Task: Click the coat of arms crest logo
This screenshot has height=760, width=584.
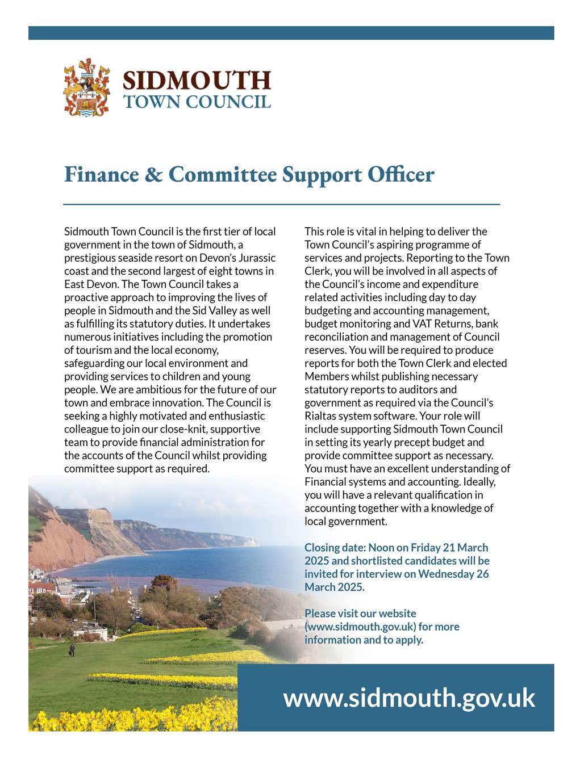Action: tap(86, 88)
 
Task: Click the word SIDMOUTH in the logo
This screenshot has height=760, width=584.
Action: tap(197, 80)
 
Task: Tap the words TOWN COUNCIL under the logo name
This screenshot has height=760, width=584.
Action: tap(197, 102)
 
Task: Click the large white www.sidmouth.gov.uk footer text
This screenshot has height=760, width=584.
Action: tap(409, 698)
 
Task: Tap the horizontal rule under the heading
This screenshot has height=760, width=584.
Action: tap(281, 203)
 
